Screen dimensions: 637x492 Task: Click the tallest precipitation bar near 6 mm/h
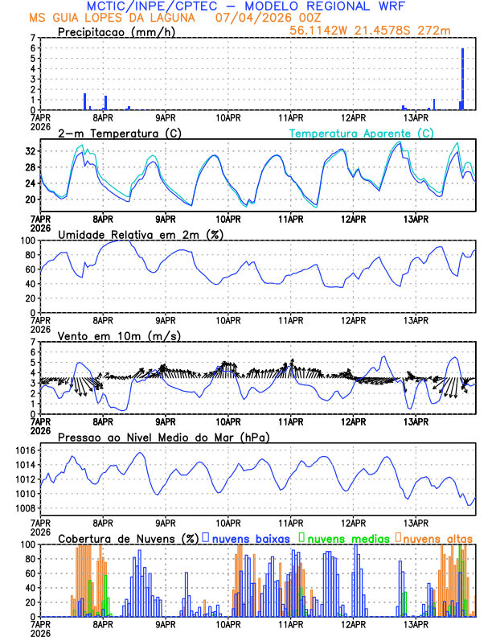click(x=463, y=79)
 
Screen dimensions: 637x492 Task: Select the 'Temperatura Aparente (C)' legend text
click(x=362, y=133)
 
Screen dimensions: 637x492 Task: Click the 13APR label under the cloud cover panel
click(x=416, y=623)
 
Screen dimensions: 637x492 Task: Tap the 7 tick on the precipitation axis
click(x=33, y=38)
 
